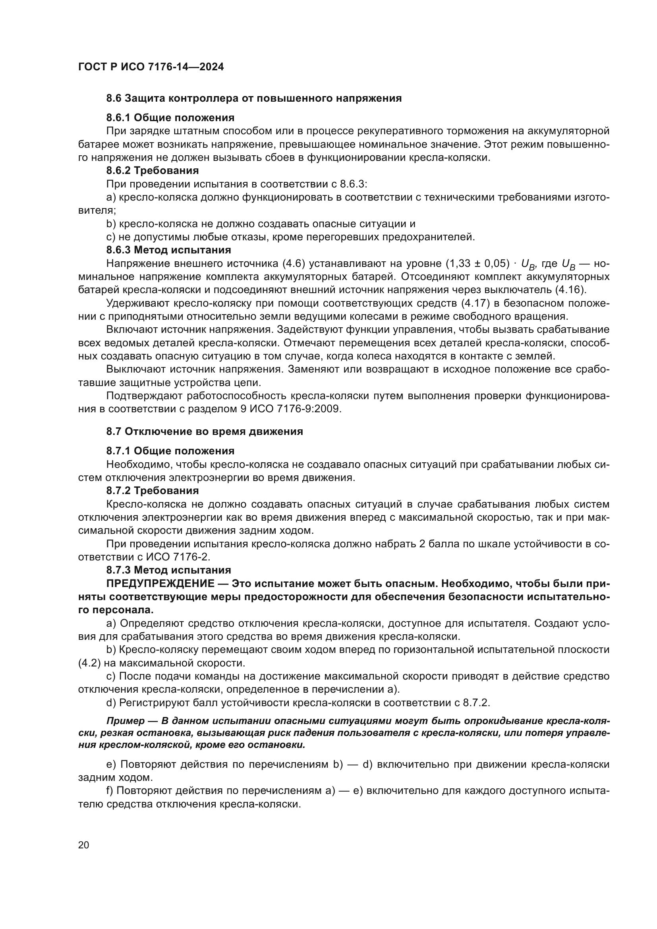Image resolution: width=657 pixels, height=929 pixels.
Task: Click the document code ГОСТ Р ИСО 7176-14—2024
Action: click(151, 67)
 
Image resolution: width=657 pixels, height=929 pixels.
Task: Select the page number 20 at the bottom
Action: click(83, 845)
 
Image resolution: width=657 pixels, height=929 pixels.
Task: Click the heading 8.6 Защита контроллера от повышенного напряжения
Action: click(254, 99)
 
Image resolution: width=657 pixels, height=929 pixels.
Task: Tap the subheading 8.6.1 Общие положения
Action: click(170, 118)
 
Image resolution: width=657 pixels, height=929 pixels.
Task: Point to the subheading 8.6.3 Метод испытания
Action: click(168, 250)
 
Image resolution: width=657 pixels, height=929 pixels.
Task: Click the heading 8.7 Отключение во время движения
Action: click(204, 431)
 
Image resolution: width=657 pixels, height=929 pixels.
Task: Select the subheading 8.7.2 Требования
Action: click(152, 491)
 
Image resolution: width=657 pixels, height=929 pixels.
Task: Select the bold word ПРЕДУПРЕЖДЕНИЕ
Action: click(160, 583)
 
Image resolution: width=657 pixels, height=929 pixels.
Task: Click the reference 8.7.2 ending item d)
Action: click(476, 703)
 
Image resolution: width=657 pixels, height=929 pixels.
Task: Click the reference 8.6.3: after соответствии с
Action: click(353, 184)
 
